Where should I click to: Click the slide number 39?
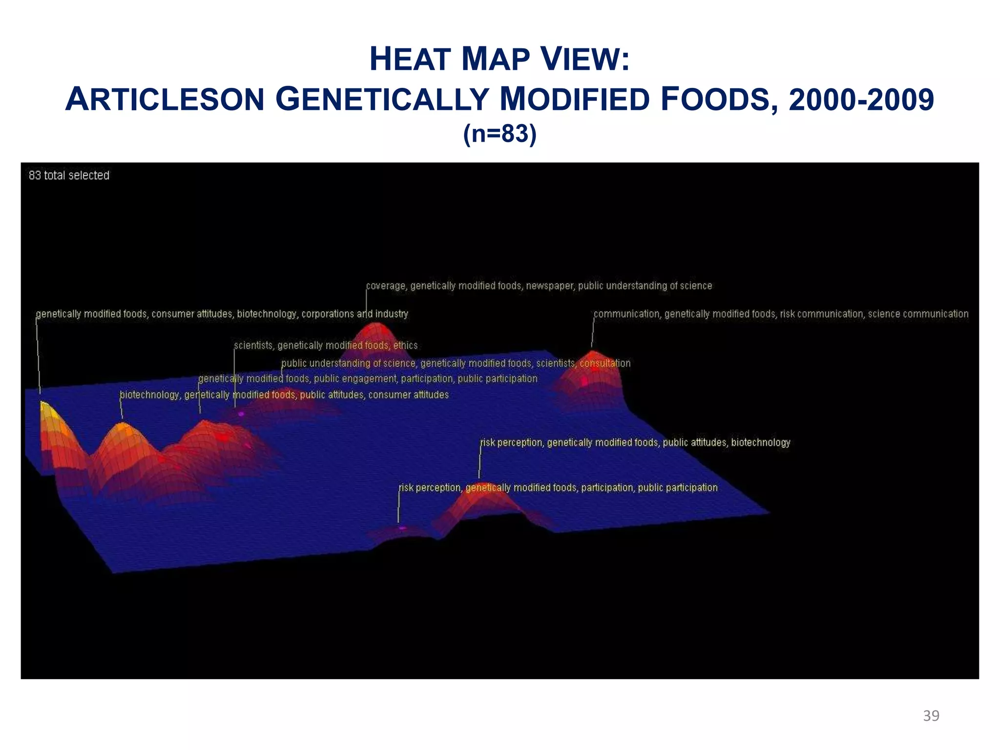point(931,716)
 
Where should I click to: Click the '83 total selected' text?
point(69,175)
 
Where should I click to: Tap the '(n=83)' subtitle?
point(500,133)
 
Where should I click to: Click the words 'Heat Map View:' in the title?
point(500,59)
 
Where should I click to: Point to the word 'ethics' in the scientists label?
point(405,345)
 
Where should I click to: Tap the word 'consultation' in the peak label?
point(605,363)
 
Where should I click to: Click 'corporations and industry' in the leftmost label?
point(354,314)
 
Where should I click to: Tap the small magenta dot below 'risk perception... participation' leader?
point(402,528)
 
